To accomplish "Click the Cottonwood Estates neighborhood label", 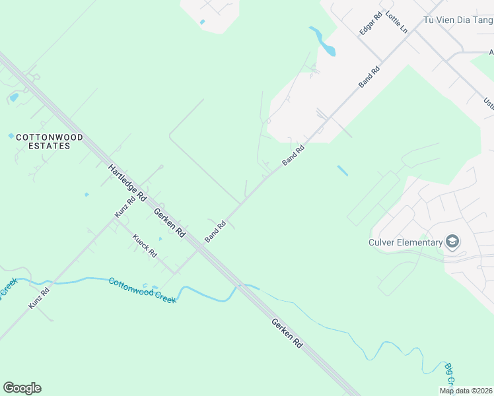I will click(50, 141).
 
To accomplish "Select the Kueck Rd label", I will click(145, 246).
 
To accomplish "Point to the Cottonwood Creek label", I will click(142, 290).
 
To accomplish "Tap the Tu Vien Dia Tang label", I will click(458, 20).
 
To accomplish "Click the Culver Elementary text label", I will click(405, 242).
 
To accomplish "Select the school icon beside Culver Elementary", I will click(452, 242).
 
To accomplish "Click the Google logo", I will click(22, 388).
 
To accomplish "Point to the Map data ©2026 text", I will click(466, 391).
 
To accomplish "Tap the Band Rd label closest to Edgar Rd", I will click(369, 76).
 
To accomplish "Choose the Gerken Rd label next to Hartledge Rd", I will click(169, 224).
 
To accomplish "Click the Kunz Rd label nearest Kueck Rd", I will click(125, 206).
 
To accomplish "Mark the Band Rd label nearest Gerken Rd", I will click(215, 231).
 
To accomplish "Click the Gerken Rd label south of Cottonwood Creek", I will click(286, 333).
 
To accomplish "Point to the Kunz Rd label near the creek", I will click(40, 298).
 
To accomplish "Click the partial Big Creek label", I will click(449, 375).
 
